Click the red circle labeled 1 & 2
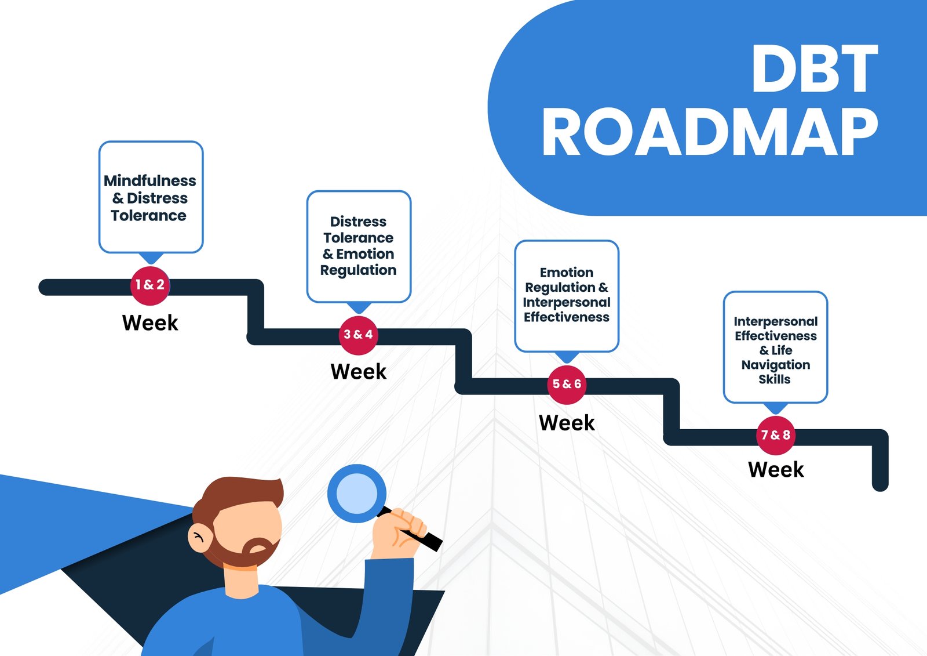[150, 285]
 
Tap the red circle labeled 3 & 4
[359, 335]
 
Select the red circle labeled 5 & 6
[567, 385]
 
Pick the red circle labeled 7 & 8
[776, 435]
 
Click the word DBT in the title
[815, 68]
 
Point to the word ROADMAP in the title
[710, 132]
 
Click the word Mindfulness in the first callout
[150, 181]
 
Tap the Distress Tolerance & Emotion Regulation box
[359, 247]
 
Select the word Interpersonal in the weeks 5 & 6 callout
[567, 303]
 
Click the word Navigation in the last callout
[776, 365]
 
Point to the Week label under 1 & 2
[150, 322]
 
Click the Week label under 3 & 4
[359, 371]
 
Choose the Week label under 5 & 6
[567, 423]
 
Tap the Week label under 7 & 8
[776, 469]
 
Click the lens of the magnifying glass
[357, 494]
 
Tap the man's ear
[200, 538]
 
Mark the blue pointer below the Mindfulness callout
[151, 258]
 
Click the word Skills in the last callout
[774, 379]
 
